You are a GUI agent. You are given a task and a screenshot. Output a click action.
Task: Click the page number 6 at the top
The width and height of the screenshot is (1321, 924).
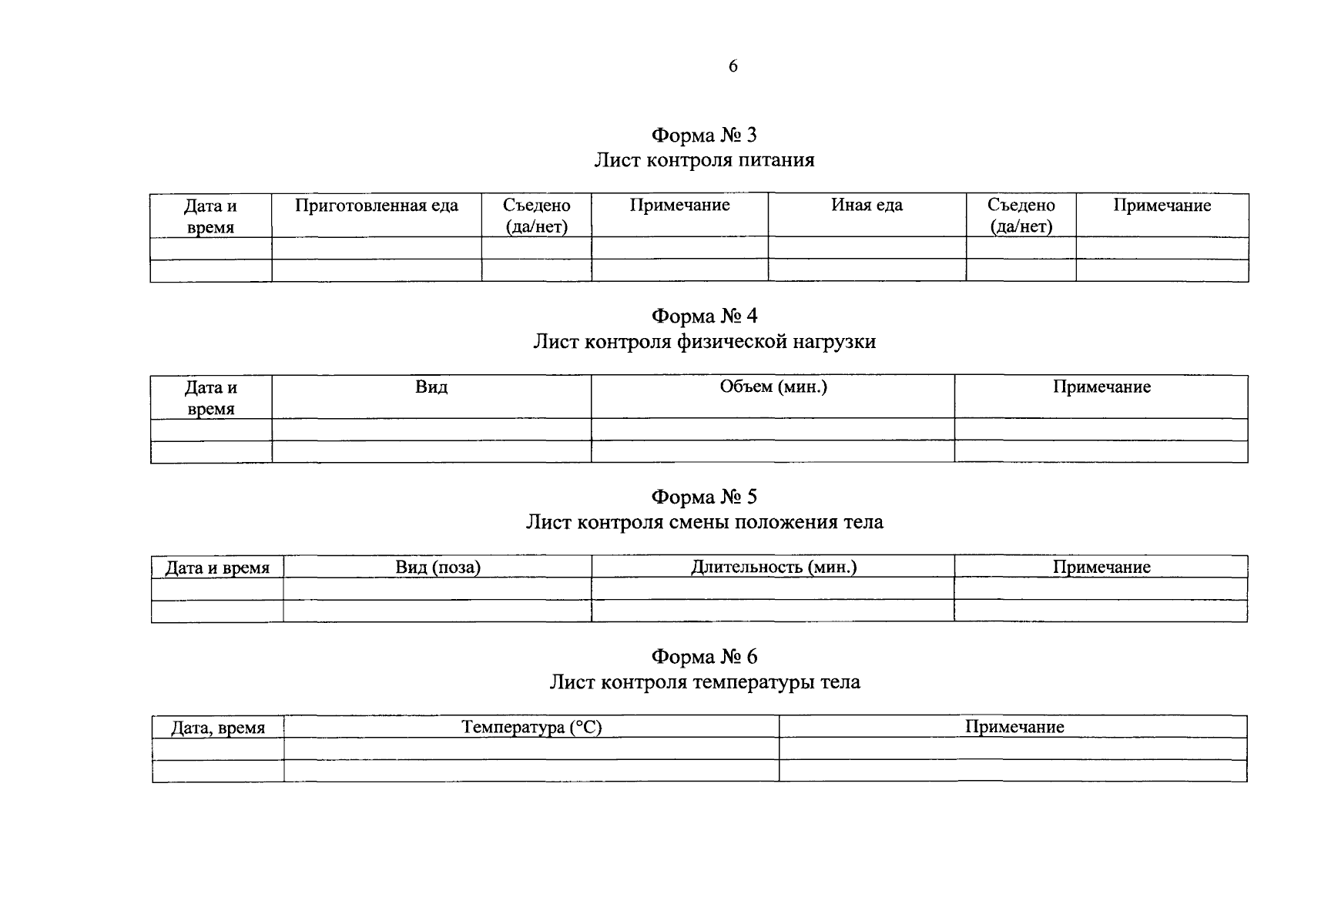733,66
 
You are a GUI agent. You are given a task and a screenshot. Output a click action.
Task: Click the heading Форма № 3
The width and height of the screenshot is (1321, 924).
704,136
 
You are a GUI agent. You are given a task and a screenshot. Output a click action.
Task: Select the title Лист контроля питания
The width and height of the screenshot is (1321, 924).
704,160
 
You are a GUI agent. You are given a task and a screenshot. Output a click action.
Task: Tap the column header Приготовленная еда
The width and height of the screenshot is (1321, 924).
377,206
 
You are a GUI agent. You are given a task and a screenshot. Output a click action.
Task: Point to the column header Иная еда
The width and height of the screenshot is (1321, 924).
867,205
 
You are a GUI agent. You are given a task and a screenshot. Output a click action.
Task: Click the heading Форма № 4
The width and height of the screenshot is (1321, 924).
704,316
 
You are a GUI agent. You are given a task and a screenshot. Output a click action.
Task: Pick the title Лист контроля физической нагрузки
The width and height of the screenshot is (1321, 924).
704,341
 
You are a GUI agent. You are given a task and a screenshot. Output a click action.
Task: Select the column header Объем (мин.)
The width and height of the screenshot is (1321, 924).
773,387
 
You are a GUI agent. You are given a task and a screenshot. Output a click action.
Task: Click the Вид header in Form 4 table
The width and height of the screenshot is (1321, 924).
431,387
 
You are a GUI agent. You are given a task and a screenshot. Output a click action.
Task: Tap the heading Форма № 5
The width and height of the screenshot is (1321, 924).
704,497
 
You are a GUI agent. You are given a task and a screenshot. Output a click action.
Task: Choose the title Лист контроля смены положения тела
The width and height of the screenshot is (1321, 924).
704,522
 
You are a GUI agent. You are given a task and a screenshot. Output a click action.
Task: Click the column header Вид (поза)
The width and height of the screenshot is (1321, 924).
438,567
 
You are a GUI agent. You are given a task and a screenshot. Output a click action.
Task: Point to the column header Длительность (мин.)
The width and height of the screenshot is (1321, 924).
773,567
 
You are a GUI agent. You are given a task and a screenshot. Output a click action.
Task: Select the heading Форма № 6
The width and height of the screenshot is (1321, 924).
704,657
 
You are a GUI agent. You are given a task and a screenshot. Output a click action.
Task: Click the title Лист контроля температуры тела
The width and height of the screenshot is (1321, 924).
704,682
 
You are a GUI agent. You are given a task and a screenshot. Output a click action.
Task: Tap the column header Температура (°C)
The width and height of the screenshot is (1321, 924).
531,727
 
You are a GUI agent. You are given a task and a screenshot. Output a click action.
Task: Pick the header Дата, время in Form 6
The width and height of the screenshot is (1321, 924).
218,728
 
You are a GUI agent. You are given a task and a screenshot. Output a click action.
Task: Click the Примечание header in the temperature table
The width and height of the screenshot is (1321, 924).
1014,727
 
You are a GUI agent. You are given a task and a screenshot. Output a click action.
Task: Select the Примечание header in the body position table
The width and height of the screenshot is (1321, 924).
1101,567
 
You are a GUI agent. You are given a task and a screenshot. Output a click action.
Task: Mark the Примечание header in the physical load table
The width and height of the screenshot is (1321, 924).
1101,387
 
